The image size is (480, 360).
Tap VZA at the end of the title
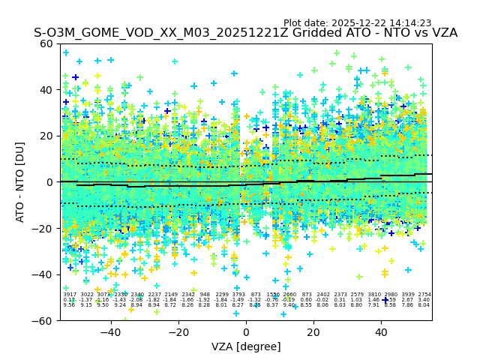(442, 34)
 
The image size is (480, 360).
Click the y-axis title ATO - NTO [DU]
(21, 182)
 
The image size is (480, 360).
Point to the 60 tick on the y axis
(46, 43)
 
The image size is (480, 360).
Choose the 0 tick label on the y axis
(50, 182)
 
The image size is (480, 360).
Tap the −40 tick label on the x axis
(109, 332)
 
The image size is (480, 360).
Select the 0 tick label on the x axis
(247, 332)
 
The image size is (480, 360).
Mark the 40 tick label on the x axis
(381, 332)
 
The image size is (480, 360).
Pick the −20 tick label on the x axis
(177, 332)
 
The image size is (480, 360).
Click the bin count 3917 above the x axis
(70, 295)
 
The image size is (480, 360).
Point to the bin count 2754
(424, 295)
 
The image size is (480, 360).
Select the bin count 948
(205, 295)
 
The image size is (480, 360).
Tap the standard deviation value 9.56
(70, 305)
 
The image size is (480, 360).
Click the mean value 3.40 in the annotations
(424, 300)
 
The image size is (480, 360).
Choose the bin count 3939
(408, 295)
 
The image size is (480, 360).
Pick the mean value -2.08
(136, 300)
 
